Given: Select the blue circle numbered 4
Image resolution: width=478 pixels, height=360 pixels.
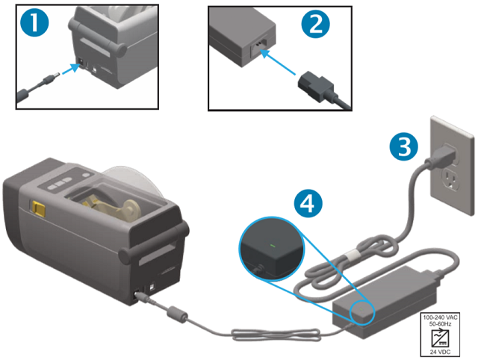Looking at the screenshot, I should (x=313, y=202).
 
